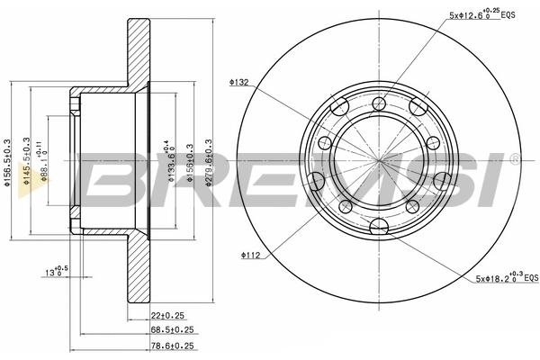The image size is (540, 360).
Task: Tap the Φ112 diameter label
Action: (x=251, y=255)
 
